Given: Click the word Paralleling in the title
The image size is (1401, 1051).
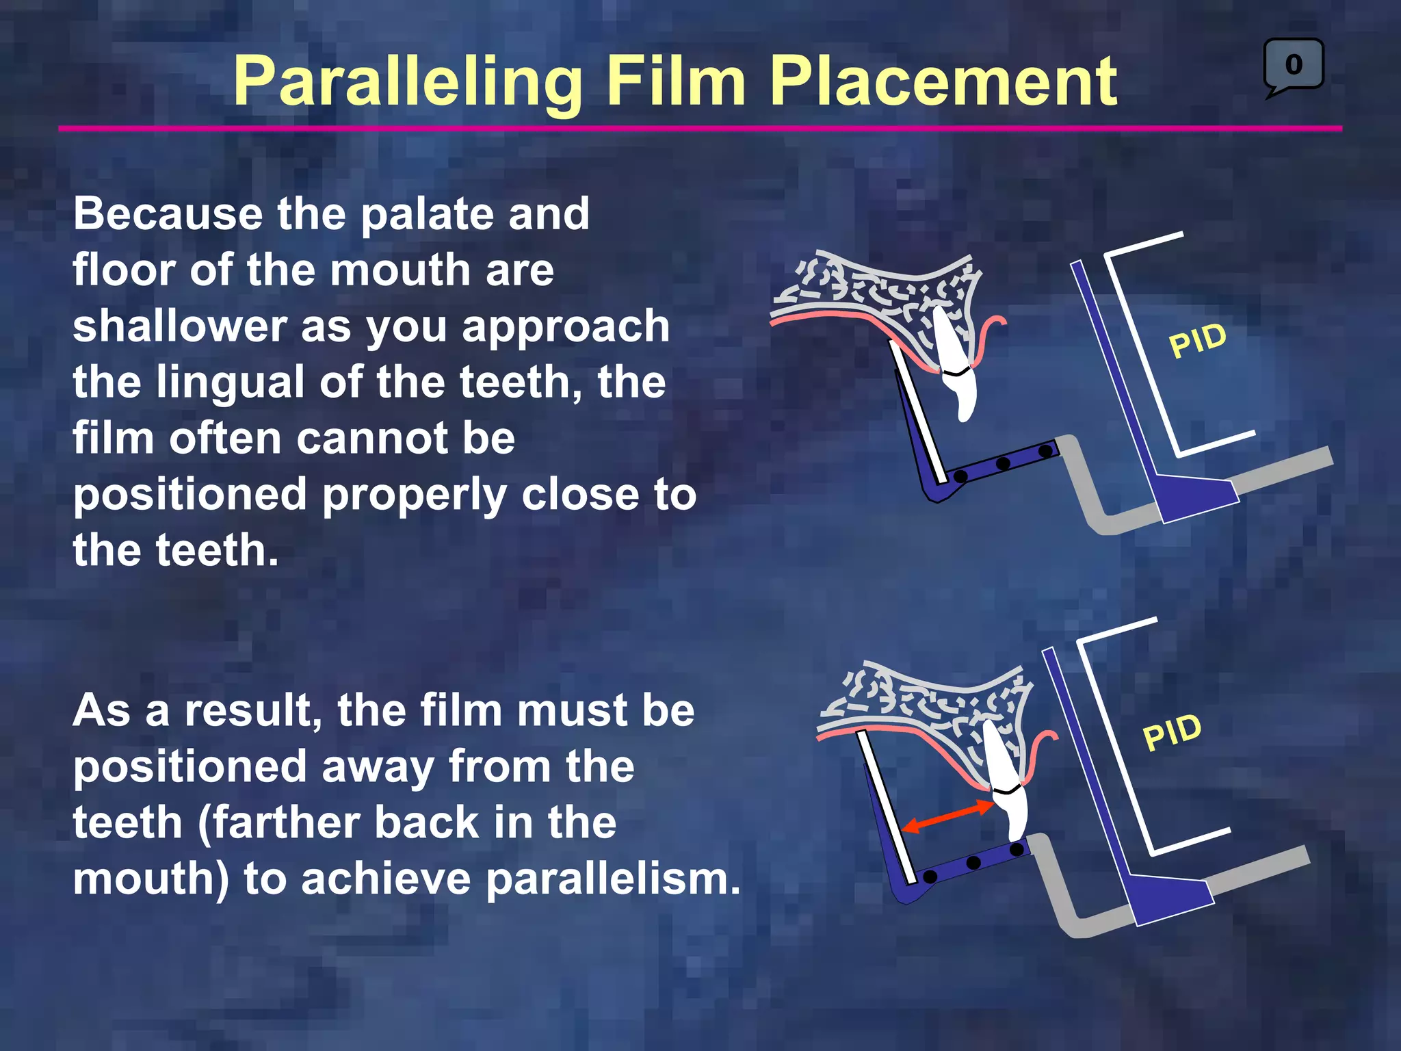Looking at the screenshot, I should coord(408,82).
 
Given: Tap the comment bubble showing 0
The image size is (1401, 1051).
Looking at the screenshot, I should coord(1293,65).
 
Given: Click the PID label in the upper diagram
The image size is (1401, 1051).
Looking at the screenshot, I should coord(1197,340).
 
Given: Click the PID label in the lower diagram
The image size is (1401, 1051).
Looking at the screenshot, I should coord(1172,732).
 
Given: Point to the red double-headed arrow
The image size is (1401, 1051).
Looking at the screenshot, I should coord(947,816).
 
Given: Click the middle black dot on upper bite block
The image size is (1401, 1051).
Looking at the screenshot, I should coord(1003,464).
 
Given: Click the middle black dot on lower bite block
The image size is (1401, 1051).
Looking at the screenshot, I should coord(973,863).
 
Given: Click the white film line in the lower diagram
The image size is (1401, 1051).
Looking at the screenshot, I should coord(887,807).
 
